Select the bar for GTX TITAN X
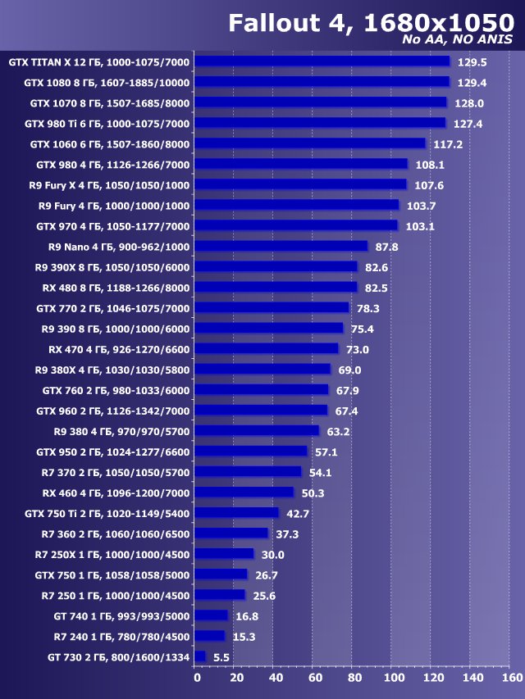[323, 61]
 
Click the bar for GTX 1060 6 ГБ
[311, 143]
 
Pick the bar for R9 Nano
[282, 246]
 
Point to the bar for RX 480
[277, 288]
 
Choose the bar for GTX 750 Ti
[238, 513]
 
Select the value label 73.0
[358, 349]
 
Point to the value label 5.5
[221, 656]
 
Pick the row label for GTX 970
[113, 225]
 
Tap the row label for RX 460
[116, 492]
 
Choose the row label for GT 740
[119, 615]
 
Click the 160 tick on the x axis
[511, 678]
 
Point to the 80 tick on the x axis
[354, 678]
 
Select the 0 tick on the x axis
[197, 678]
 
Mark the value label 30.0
[274, 554]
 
